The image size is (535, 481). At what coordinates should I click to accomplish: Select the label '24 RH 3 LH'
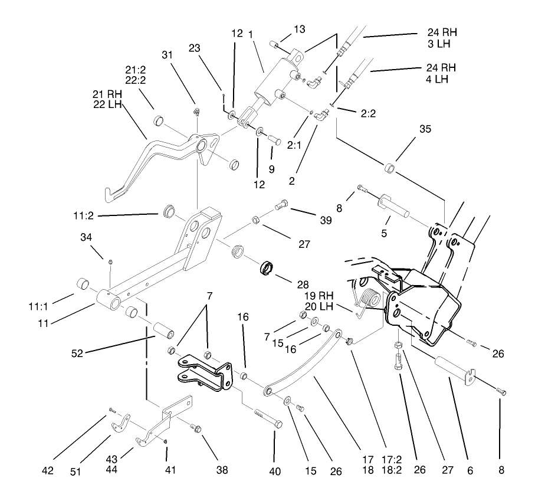point(442,38)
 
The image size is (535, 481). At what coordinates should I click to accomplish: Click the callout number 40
point(275,471)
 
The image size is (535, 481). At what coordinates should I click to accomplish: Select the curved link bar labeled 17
point(307,366)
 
